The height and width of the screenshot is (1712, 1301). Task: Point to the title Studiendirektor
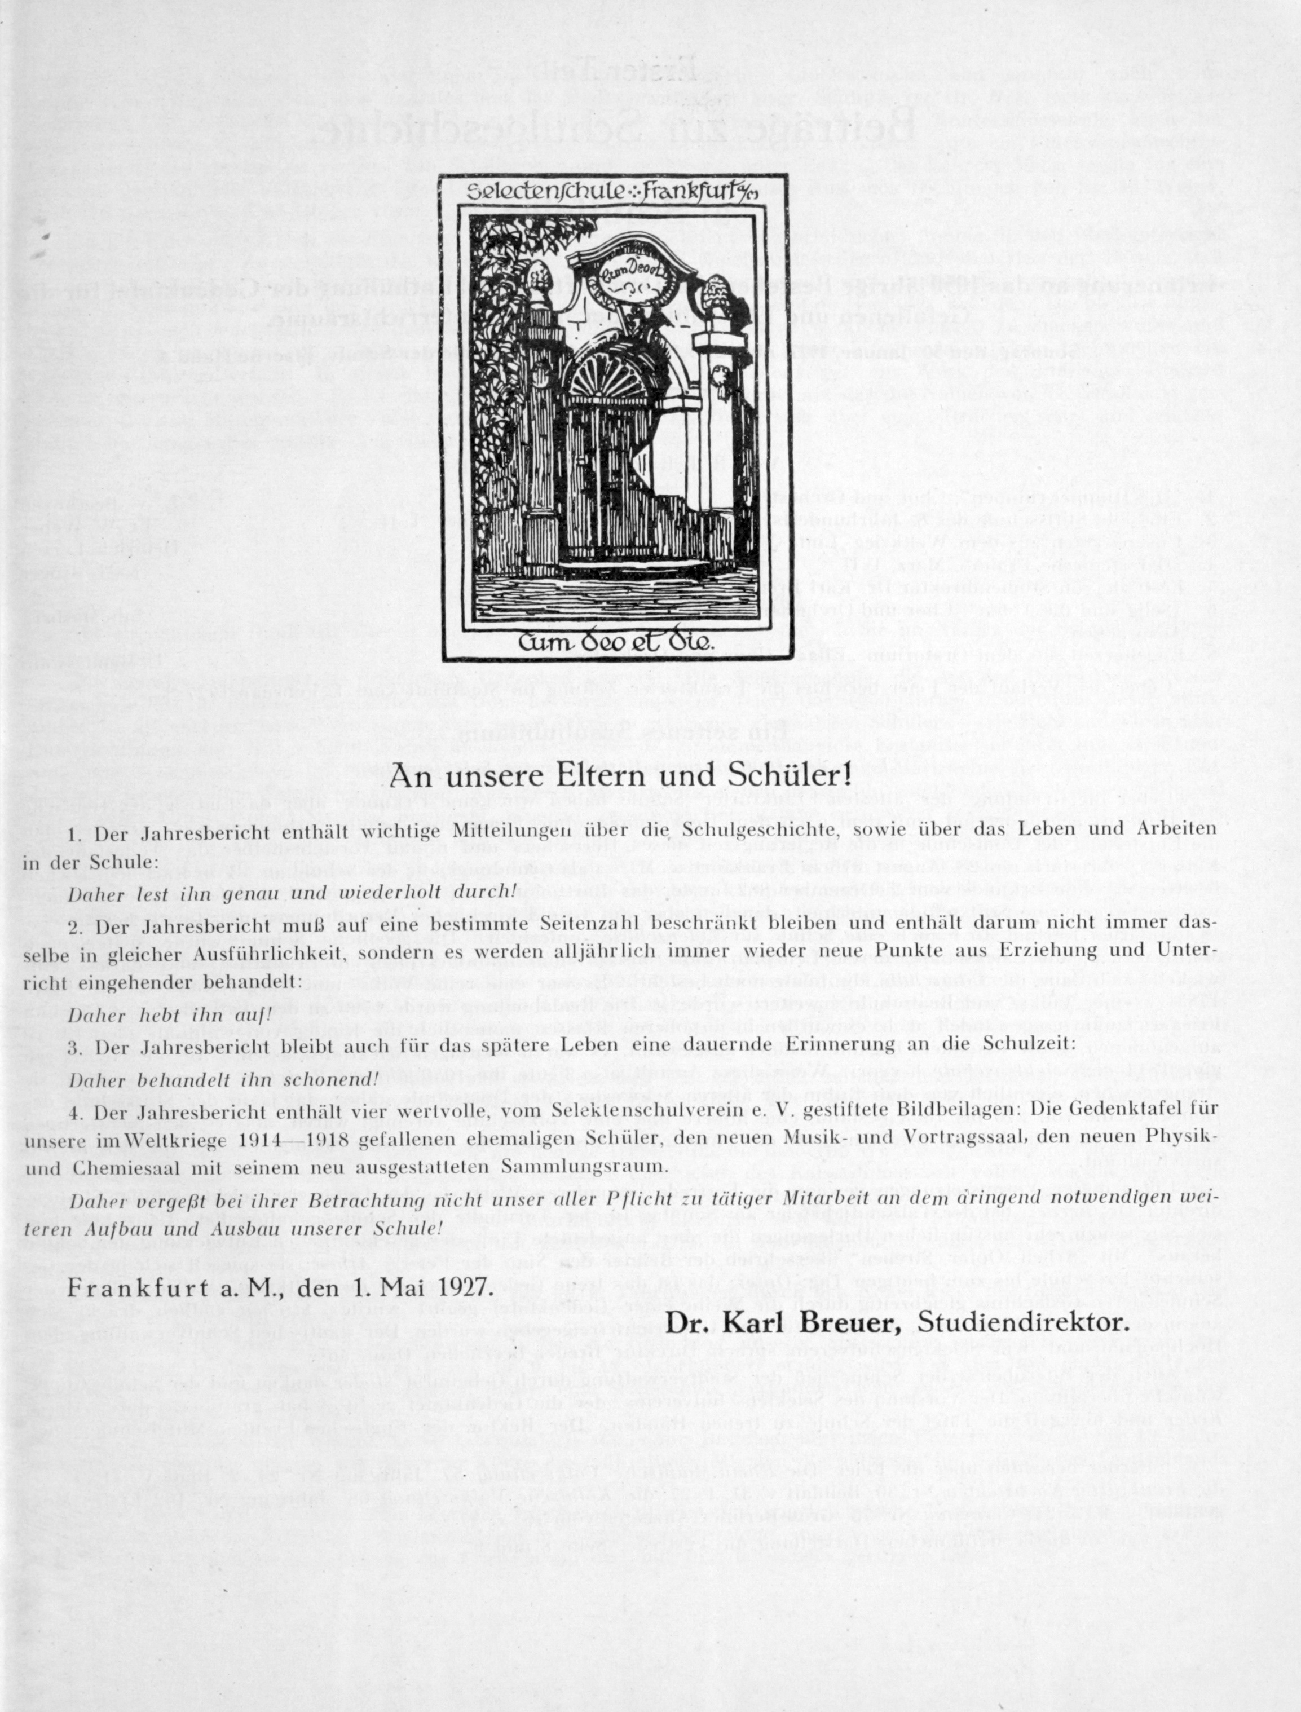(1023, 1322)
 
